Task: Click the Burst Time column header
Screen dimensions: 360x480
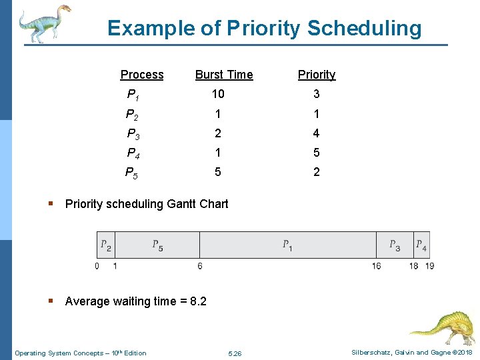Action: point(224,75)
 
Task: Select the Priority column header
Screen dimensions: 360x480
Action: point(317,75)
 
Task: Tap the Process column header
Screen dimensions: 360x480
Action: point(142,75)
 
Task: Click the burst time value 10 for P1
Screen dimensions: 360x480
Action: point(218,94)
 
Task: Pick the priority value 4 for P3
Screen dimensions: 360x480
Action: point(317,133)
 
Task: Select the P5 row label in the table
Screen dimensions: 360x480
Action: point(133,173)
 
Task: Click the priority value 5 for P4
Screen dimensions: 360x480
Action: point(317,153)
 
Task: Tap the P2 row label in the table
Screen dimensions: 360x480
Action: point(133,114)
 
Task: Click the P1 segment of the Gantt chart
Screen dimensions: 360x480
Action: point(287,245)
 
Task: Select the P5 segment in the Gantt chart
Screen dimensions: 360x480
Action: point(157,245)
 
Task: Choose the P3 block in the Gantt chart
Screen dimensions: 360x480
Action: point(395,245)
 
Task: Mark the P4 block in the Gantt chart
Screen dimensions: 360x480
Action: point(421,245)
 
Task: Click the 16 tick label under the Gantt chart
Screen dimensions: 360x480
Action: point(377,266)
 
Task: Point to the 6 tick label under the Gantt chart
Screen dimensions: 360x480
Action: point(200,266)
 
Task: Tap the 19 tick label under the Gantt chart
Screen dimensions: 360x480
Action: point(430,266)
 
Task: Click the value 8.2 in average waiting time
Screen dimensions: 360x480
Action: point(198,301)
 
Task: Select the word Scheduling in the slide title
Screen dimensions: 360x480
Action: point(364,28)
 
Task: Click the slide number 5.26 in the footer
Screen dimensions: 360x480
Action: point(235,353)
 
